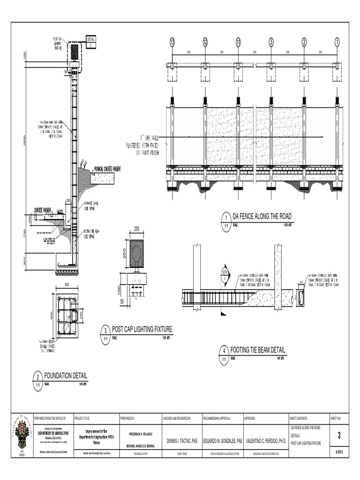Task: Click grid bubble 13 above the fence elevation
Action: click(x=172, y=43)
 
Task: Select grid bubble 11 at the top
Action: click(x=238, y=43)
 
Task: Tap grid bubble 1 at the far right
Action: click(x=337, y=43)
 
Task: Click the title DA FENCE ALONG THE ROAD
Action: click(x=262, y=216)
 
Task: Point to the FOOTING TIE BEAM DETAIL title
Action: click(x=257, y=350)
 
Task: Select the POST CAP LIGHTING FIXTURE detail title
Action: click(x=142, y=330)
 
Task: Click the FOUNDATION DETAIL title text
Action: click(x=66, y=375)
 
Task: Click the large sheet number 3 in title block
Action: click(x=338, y=436)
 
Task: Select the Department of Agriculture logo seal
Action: click(x=22, y=434)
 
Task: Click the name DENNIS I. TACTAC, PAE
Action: click(x=180, y=441)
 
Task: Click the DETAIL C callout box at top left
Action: click(x=90, y=41)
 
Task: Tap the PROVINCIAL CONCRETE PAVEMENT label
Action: click(x=107, y=168)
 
